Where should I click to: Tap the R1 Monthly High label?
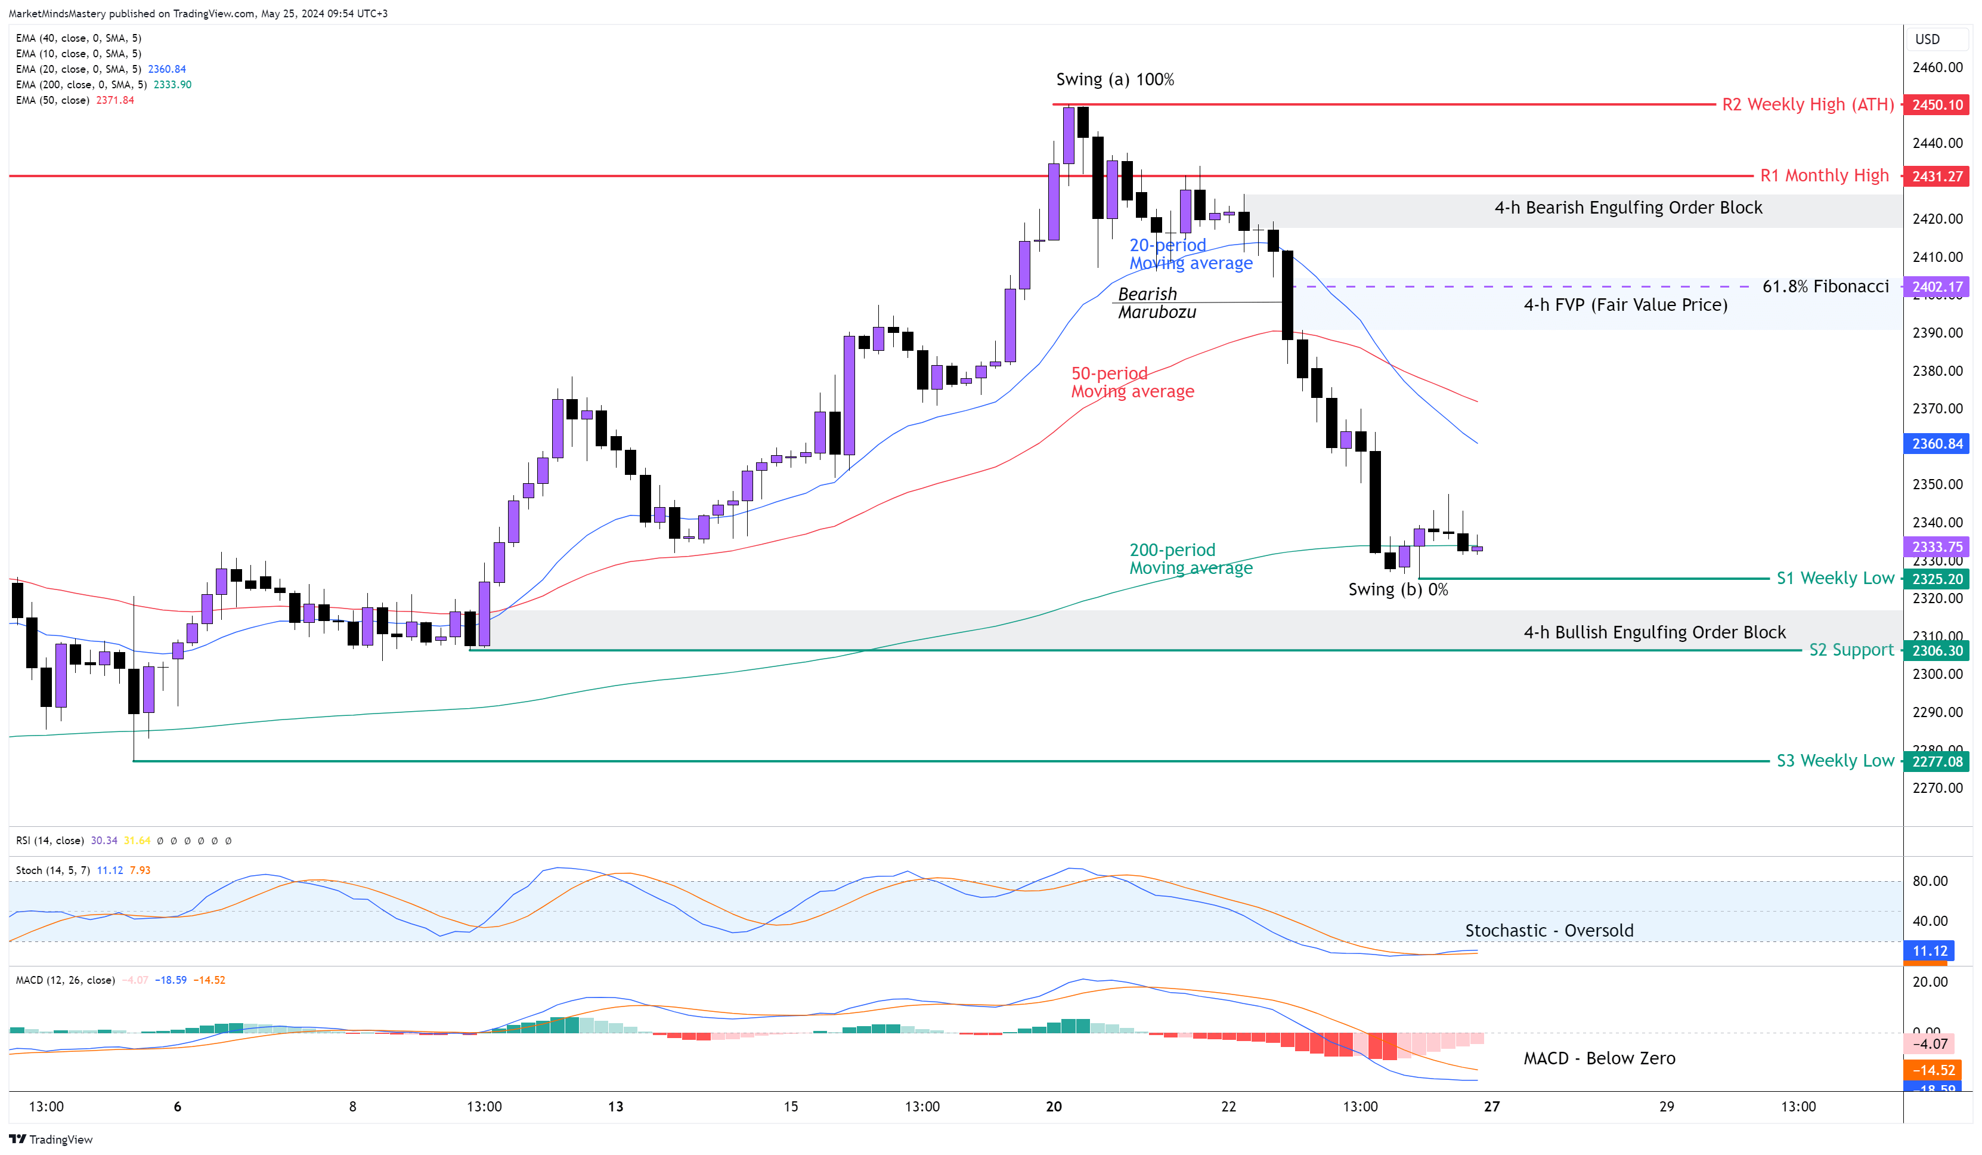pyautogui.click(x=1824, y=175)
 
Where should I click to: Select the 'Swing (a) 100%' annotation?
pyautogui.click(x=1114, y=79)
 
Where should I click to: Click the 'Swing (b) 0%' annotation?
pyautogui.click(x=1398, y=589)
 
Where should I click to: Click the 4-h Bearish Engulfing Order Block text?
pyautogui.click(x=1628, y=208)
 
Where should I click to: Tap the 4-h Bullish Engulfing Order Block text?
pyautogui.click(x=1654, y=632)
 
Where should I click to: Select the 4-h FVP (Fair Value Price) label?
pyautogui.click(x=1625, y=305)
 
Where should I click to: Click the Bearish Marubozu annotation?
pyautogui.click(x=1156, y=303)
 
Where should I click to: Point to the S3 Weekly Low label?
pyautogui.click(x=1835, y=761)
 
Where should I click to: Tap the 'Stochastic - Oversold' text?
pyautogui.click(x=1549, y=931)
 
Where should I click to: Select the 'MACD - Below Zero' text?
pyautogui.click(x=1599, y=1058)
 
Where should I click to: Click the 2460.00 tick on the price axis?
pyautogui.click(x=1937, y=67)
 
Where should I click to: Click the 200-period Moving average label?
pyautogui.click(x=1190, y=558)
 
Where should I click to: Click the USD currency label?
pyautogui.click(x=1927, y=39)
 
